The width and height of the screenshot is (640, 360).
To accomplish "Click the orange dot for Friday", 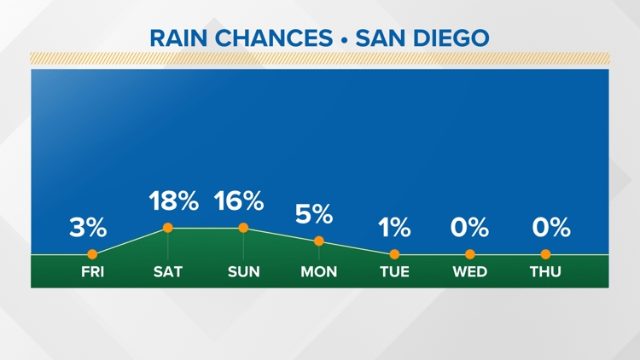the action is pyautogui.click(x=92, y=254).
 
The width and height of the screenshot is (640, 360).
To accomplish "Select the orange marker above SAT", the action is pyautogui.click(x=168, y=228).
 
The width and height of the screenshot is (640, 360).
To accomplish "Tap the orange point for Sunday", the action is pyautogui.click(x=243, y=228).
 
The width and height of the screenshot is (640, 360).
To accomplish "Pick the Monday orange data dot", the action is pyautogui.click(x=319, y=241).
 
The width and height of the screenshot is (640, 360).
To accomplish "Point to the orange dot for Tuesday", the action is pyautogui.click(x=395, y=254).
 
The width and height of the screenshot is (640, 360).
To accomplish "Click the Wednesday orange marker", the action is pyautogui.click(x=470, y=254).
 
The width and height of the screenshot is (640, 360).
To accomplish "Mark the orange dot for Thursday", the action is pyautogui.click(x=546, y=254).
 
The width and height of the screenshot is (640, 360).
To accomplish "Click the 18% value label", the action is pyautogui.click(x=174, y=200).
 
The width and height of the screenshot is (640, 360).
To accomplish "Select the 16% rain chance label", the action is pyautogui.click(x=239, y=200).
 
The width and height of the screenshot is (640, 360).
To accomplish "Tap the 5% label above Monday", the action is pyautogui.click(x=314, y=214).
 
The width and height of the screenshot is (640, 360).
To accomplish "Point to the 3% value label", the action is pyautogui.click(x=88, y=228).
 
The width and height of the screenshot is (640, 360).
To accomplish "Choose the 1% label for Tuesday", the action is pyautogui.click(x=394, y=228).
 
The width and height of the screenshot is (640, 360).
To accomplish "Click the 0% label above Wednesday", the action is pyautogui.click(x=470, y=228).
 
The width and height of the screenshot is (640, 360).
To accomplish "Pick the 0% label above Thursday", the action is pyautogui.click(x=551, y=228).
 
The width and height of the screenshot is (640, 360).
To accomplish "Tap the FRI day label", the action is pyautogui.click(x=93, y=272).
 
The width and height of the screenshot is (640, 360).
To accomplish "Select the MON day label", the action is pyautogui.click(x=319, y=272).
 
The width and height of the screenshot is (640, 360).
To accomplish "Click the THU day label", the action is pyautogui.click(x=546, y=272).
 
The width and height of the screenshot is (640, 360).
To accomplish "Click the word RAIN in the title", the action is pyautogui.click(x=179, y=38).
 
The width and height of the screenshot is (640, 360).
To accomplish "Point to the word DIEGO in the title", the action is pyautogui.click(x=451, y=38).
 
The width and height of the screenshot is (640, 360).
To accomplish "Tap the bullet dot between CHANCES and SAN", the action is pyautogui.click(x=344, y=40).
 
